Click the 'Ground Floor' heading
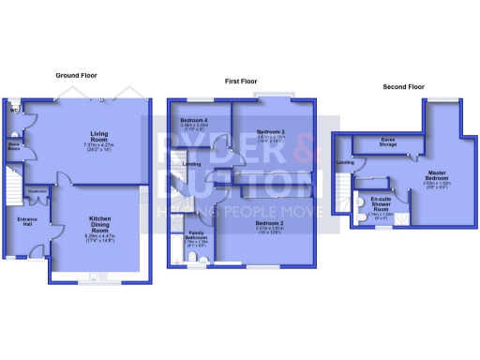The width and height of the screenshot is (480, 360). coord(78,75)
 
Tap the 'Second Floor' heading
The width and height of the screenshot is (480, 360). coord(403,86)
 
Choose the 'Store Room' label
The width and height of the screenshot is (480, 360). coord(14,146)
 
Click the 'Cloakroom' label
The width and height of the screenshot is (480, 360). coord(38,191)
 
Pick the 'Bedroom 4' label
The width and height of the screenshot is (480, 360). coord(194,120)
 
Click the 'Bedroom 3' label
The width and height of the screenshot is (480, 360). coord(271,131)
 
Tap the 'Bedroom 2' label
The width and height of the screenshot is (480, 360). coord(271,221)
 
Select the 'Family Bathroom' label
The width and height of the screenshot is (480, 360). coord(197,234)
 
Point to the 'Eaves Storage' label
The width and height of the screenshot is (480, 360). coord(386,142)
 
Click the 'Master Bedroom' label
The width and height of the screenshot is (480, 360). coord(436,175)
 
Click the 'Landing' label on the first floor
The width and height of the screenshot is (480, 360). coord(192,164)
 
